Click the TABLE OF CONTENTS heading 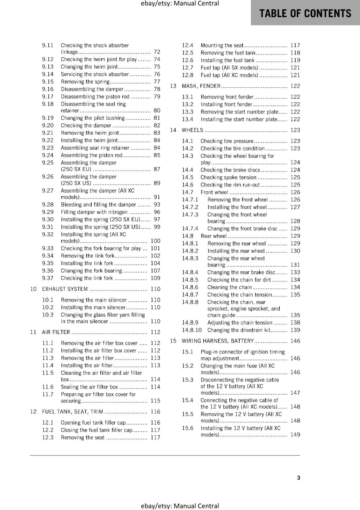pos(305,13)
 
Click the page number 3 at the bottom pos(299,477)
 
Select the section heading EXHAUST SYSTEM pos(65,289)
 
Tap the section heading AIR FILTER pos(56,332)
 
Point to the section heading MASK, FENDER pos(201,86)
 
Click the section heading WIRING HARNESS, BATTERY pos(218,341)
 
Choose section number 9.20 pos(48,126)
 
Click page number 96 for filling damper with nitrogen pos(157,212)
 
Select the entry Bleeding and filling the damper pos(98,205)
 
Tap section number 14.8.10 pos(192,330)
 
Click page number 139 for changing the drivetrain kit pos(295,330)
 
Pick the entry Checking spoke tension pos(228,177)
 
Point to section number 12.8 pos(188,75)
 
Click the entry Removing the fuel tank pos(228,53)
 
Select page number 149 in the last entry pos(295,434)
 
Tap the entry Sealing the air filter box pos(89,387)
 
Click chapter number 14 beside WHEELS pos(173,130)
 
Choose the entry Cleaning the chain pos(229,287)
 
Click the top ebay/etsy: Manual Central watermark pos(180,4)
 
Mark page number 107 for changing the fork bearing pos(155,271)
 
